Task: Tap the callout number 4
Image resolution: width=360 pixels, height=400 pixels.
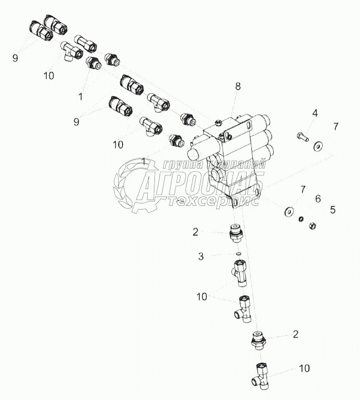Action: tap(315, 113)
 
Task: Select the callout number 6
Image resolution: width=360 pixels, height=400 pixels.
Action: tap(318, 198)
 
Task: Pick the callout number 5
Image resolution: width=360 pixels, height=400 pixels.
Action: tap(332, 210)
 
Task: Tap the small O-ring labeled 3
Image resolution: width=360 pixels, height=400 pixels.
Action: tap(239, 253)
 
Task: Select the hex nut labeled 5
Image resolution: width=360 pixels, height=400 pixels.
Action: tap(312, 225)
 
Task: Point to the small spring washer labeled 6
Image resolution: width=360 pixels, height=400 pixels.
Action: tap(300, 219)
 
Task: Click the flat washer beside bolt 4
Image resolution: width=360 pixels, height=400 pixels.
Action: tap(318, 144)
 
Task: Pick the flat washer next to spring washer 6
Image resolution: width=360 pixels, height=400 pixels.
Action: tap(289, 211)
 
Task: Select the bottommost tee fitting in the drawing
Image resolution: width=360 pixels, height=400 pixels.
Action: tap(261, 375)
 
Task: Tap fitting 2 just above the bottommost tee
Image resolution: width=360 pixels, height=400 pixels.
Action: tap(259, 342)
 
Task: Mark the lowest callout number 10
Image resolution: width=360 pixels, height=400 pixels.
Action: tap(304, 369)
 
